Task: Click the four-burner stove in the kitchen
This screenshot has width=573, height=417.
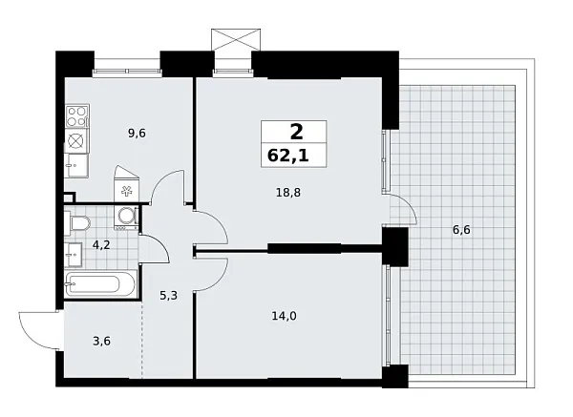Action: pos(76,117)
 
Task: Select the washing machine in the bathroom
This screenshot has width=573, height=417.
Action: pos(125,219)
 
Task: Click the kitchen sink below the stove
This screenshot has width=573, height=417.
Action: pos(75,140)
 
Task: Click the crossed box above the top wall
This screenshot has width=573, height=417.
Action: pos(236,41)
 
